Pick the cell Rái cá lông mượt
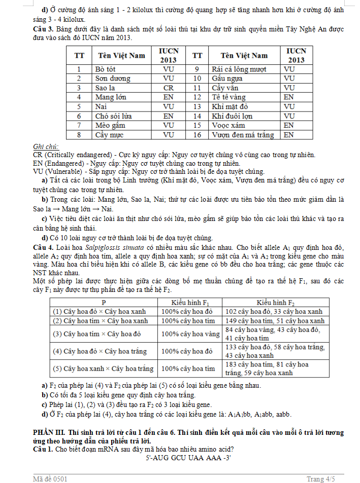pos(237,68)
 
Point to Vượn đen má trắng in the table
pos(243,135)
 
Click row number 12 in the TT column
pos(198,97)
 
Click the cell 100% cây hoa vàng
pos(190,334)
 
